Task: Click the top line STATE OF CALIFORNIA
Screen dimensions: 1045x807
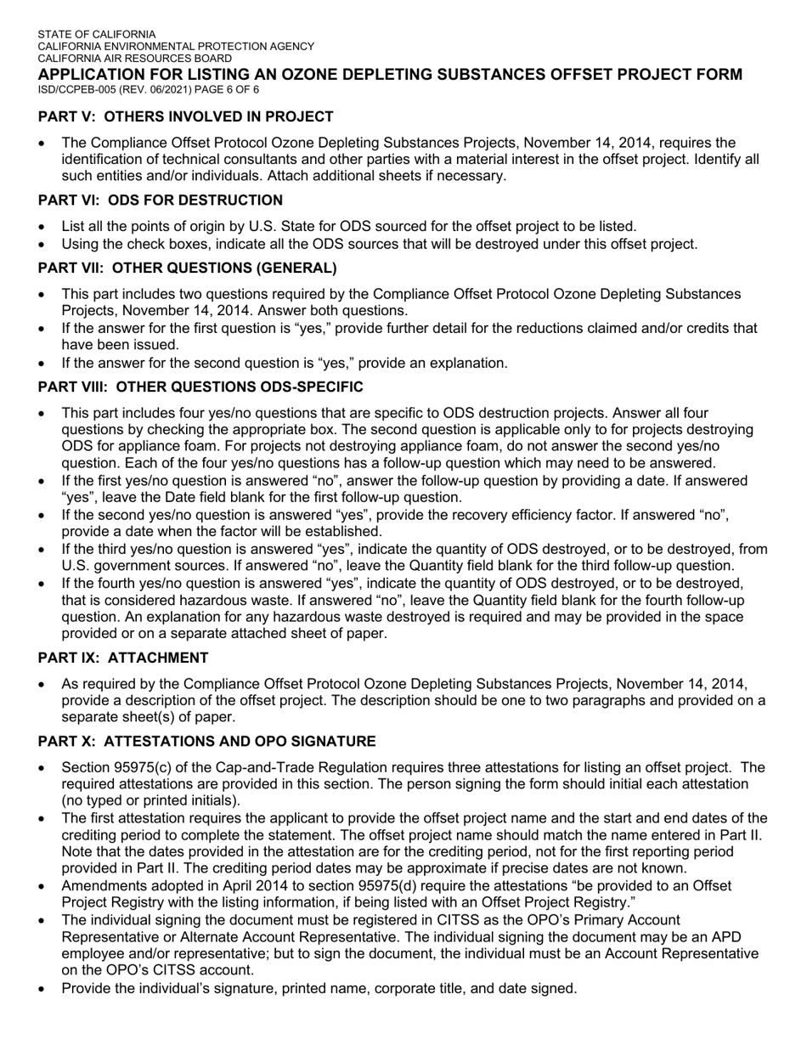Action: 96,34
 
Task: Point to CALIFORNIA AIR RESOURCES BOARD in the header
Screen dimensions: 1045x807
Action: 134,59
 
